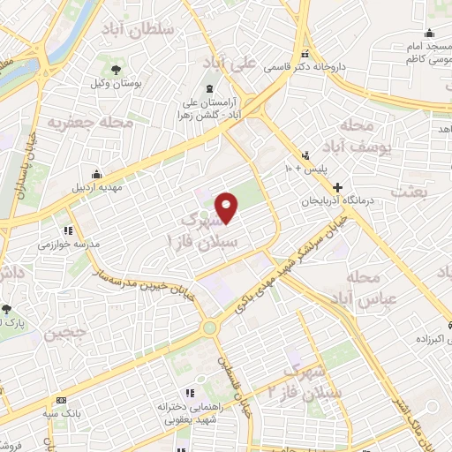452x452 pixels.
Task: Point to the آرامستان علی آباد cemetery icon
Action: click(209, 89)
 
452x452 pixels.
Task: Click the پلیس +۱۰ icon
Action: click(305, 154)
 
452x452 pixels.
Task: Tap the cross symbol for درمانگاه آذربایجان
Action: click(338, 188)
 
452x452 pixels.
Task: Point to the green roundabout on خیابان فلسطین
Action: click(210, 328)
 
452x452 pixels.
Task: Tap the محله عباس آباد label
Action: click(374, 289)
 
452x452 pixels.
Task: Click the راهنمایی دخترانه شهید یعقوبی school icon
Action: click(187, 394)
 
